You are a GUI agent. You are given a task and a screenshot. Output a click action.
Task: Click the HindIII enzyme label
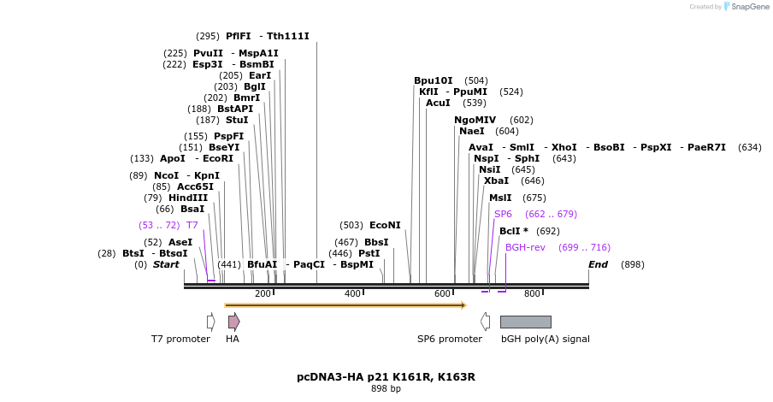187,198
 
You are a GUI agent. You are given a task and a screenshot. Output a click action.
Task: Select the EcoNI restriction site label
385,226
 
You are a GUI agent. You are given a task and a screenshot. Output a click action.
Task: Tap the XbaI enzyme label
496,181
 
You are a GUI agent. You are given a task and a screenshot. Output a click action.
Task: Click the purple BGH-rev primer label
525,247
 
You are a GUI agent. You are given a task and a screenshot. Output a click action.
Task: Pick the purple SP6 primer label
503,214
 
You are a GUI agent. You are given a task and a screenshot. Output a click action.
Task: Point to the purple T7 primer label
192,226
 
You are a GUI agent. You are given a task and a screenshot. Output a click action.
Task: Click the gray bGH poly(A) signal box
525,322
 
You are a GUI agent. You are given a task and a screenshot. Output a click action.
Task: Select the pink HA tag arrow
233,322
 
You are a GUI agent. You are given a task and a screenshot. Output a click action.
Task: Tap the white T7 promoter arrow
210,322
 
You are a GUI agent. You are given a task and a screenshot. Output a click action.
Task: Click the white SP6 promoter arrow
485,322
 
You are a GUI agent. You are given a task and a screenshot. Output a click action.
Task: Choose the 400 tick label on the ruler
352,294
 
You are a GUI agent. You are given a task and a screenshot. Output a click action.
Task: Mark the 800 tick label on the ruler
532,294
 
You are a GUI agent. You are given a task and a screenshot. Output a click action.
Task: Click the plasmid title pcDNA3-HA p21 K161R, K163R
386,377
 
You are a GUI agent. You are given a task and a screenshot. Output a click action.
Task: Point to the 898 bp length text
386,389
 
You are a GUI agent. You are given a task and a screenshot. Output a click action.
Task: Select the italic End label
598,264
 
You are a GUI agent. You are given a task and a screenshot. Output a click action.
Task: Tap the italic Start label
166,264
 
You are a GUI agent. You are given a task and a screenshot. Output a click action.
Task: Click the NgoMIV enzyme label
475,121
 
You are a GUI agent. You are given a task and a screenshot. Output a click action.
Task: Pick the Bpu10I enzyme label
434,81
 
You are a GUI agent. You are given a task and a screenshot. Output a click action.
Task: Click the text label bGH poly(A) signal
545,340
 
